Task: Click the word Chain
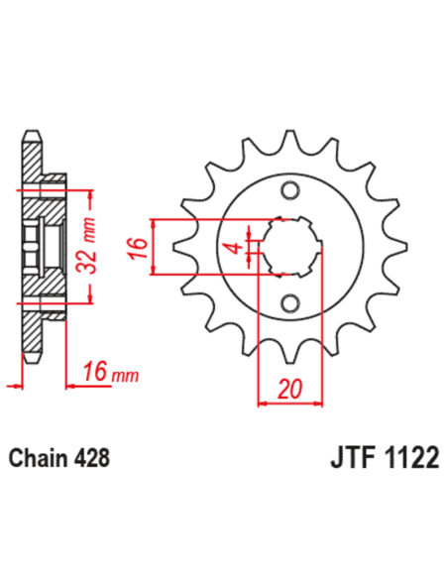tap(38, 460)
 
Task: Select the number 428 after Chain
tap(91, 460)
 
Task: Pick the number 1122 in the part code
tap(406, 461)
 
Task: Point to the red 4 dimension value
tap(235, 246)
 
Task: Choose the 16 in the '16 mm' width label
tap(95, 374)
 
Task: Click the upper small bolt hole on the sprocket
tap(289, 190)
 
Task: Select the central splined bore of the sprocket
tap(288, 246)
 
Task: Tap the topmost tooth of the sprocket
tap(288, 140)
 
